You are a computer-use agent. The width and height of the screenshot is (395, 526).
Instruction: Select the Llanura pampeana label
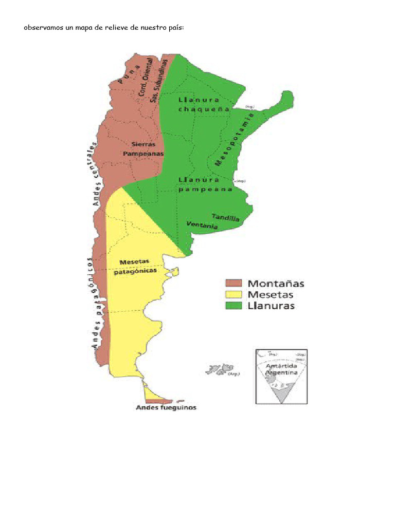205,184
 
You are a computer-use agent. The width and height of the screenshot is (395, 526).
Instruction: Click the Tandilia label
226,218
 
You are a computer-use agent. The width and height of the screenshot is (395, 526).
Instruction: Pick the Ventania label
202,225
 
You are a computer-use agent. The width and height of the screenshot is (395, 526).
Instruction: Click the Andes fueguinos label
166,408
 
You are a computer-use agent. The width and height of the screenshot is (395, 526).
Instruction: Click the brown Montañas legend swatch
234,284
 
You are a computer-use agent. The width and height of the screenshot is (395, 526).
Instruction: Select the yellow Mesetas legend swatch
234,295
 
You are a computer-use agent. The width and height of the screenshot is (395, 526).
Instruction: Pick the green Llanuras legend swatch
234,306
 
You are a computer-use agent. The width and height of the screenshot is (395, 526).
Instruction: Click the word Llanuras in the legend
271,306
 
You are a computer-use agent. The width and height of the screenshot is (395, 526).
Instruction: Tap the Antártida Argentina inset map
282,376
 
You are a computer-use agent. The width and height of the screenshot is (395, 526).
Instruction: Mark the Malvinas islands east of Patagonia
220,369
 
